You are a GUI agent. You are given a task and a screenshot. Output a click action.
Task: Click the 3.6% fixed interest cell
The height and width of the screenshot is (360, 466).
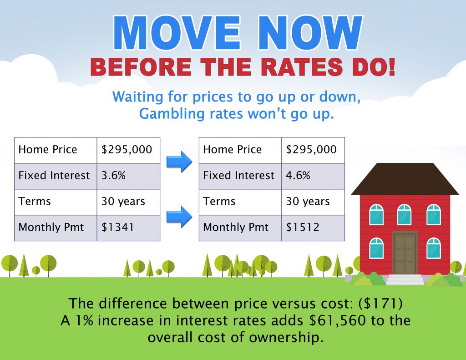[128, 176]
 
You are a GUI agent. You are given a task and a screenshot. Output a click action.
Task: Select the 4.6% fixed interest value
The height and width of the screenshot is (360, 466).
[298, 175]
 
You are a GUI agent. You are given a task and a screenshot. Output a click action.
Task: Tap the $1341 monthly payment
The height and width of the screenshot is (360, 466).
[118, 228]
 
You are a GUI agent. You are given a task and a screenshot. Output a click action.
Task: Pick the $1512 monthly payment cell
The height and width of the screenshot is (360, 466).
[313, 228]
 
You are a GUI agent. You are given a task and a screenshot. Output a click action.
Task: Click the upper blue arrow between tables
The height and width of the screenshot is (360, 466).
[179, 162]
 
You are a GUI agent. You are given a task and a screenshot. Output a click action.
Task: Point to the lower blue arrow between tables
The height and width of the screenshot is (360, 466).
[179, 217]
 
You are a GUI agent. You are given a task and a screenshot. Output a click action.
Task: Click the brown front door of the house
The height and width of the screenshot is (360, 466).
[405, 253]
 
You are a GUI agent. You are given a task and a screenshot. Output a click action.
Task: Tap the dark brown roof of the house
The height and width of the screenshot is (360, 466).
[405, 179]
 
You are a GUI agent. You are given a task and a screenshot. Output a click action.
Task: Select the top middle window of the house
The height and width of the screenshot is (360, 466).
[404, 215]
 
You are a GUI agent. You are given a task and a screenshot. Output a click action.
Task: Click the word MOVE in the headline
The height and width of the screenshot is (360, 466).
[177, 33]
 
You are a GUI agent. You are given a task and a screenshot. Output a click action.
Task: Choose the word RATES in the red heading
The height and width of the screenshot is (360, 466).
[302, 67]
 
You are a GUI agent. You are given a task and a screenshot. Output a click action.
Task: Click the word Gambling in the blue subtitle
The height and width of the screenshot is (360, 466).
[172, 114]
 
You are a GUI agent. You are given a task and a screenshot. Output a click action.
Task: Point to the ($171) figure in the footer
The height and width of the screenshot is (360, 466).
[380, 304]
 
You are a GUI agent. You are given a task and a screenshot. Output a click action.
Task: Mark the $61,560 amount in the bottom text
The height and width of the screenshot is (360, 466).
[337, 320]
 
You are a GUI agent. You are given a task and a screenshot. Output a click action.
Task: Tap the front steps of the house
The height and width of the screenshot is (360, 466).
[405, 280]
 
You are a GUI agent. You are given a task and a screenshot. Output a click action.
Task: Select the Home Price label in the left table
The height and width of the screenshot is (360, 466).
[47, 149]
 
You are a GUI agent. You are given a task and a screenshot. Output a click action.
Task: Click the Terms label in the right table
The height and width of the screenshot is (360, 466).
[219, 201]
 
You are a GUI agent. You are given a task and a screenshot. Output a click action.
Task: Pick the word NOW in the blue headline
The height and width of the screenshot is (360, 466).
[310, 33]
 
